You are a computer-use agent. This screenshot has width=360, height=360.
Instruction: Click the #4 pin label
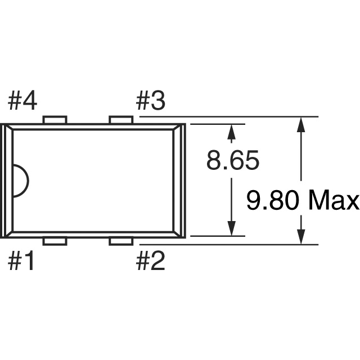pyautogui.click(x=22, y=101)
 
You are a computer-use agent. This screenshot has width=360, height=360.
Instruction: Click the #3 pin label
pyautogui.click(x=150, y=101)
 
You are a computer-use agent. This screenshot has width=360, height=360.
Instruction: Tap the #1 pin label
pyautogui.click(x=21, y=261)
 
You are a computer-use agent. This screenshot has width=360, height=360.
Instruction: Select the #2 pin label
pyautogui.click(x=150, y=261)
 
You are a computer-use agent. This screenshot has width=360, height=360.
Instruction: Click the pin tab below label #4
pyautogui.click(x=55, y=120)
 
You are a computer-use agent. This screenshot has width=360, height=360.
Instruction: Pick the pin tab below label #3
pyautogui.click(x=121, y=120)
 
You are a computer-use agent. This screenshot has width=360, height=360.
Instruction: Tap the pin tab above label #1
pyautogui.click(x=55, y=241)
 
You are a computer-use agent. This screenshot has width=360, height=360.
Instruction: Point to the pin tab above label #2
pyautogui.click(x=121, y=241)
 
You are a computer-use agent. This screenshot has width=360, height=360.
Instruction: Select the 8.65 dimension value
pyautogui.click(x=233, y=160)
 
